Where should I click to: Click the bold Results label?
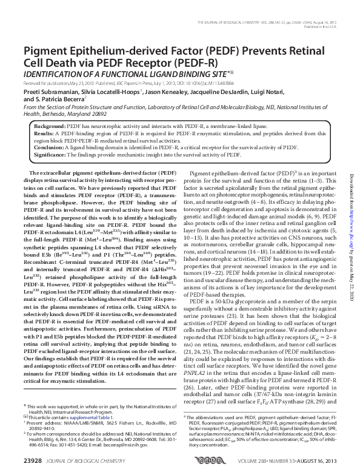pyautogui.click(x=45, y=132)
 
